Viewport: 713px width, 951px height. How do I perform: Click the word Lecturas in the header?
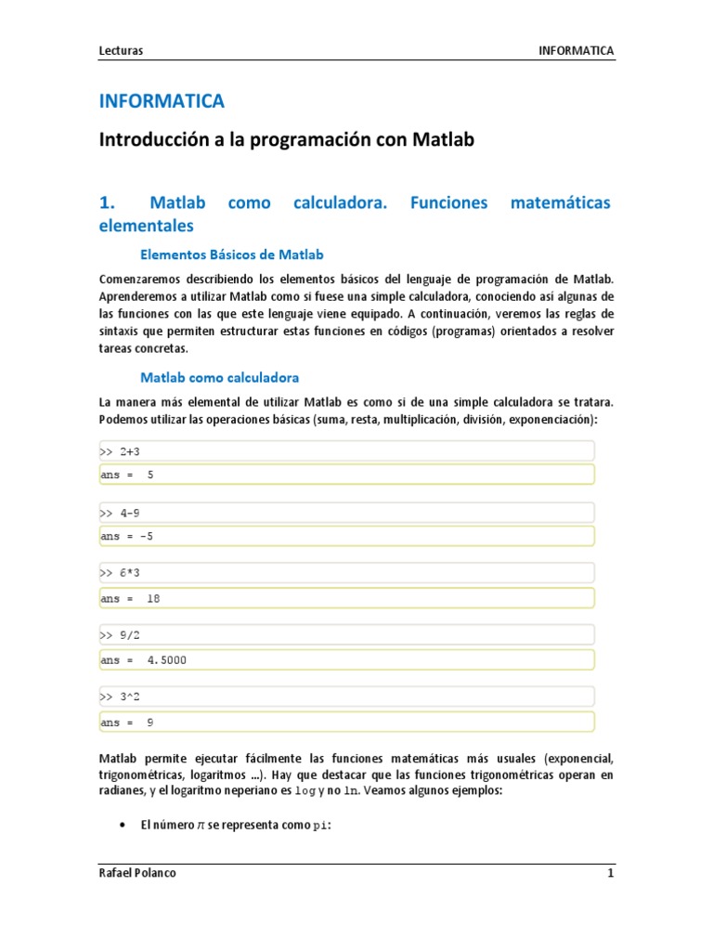tap(121, 50)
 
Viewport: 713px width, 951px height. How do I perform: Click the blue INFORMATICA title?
tap(162, 100)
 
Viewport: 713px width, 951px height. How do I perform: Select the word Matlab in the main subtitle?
tap(439, 140)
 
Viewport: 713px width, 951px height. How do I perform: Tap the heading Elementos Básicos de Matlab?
tap(231, 254)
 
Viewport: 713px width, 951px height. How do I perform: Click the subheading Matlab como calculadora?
tap(219, 377)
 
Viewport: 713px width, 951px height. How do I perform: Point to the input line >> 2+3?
tap(120, 452)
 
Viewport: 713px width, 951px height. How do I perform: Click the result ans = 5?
tap(127, 475)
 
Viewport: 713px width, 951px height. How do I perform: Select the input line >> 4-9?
tap(120, 513)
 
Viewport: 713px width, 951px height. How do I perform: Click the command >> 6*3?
tap(120, 575)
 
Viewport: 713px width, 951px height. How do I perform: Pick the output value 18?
tap(153, 598)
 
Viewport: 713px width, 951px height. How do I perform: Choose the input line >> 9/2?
tap(120, 636)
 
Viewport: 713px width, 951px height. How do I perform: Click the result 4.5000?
tap(166, 660)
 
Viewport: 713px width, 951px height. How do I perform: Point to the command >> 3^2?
tap(120, 697)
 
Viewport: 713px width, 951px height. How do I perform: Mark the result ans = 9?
tap(127, 722)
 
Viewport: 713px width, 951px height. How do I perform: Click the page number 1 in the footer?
tap(610, 874)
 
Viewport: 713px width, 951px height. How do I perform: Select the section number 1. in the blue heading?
tap(106, 202)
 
